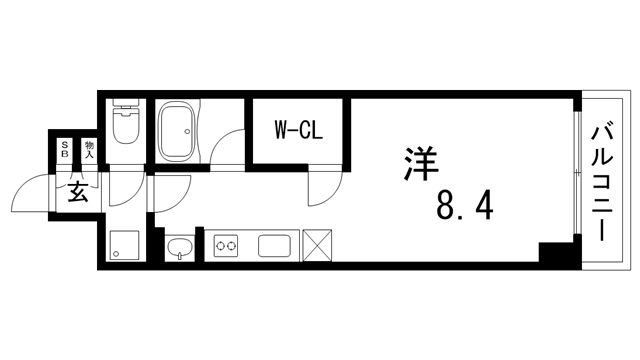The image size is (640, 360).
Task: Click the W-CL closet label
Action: click(297, 129)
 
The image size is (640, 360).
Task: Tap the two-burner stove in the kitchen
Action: click(226, 244)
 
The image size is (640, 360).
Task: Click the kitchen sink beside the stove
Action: click(275, 245)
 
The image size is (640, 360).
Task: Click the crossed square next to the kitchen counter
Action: click(320, 245)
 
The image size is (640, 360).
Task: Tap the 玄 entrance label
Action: click(77, 192)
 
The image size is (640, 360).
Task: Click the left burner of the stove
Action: click(221, 244)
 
